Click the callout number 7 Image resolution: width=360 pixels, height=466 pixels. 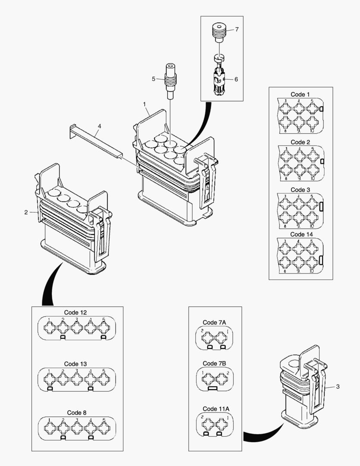point(237,29)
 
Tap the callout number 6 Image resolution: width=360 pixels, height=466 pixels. point(236,79)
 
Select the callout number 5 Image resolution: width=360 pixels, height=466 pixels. point(153,79)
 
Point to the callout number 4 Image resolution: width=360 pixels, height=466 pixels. point(99,126)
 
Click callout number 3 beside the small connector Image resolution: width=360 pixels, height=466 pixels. point(338,387)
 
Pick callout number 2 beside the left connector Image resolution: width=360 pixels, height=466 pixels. point(26,212)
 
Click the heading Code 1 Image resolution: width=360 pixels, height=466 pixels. point(300,94)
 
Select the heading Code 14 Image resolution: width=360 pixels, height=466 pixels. point(301,234)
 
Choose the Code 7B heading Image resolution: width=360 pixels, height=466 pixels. point(214,363)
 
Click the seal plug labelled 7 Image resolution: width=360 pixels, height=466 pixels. point(219,33)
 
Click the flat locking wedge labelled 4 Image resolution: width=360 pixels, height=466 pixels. point(96,138)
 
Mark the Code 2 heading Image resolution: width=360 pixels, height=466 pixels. point(300,142)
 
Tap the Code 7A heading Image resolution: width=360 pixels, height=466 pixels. point(214,322)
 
